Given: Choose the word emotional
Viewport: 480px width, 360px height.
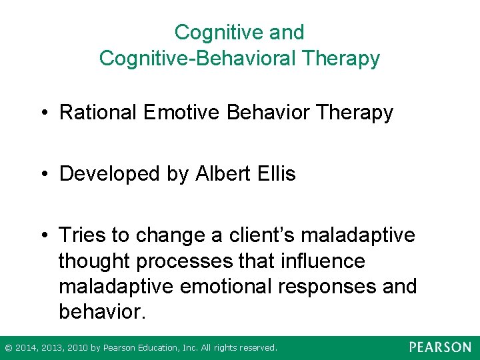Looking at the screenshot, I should (x=225, y=286).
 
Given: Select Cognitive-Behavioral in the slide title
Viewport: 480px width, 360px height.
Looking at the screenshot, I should (x=197, y=58).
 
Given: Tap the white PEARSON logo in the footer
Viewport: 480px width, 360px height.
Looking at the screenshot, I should (x=440, y=347).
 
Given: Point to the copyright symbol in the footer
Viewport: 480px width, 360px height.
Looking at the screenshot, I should (x=8, y=348).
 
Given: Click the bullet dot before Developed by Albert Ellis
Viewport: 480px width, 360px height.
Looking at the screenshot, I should (x=43, y=175).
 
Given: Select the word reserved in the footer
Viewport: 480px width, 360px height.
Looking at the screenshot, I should (x=256, y=348).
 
